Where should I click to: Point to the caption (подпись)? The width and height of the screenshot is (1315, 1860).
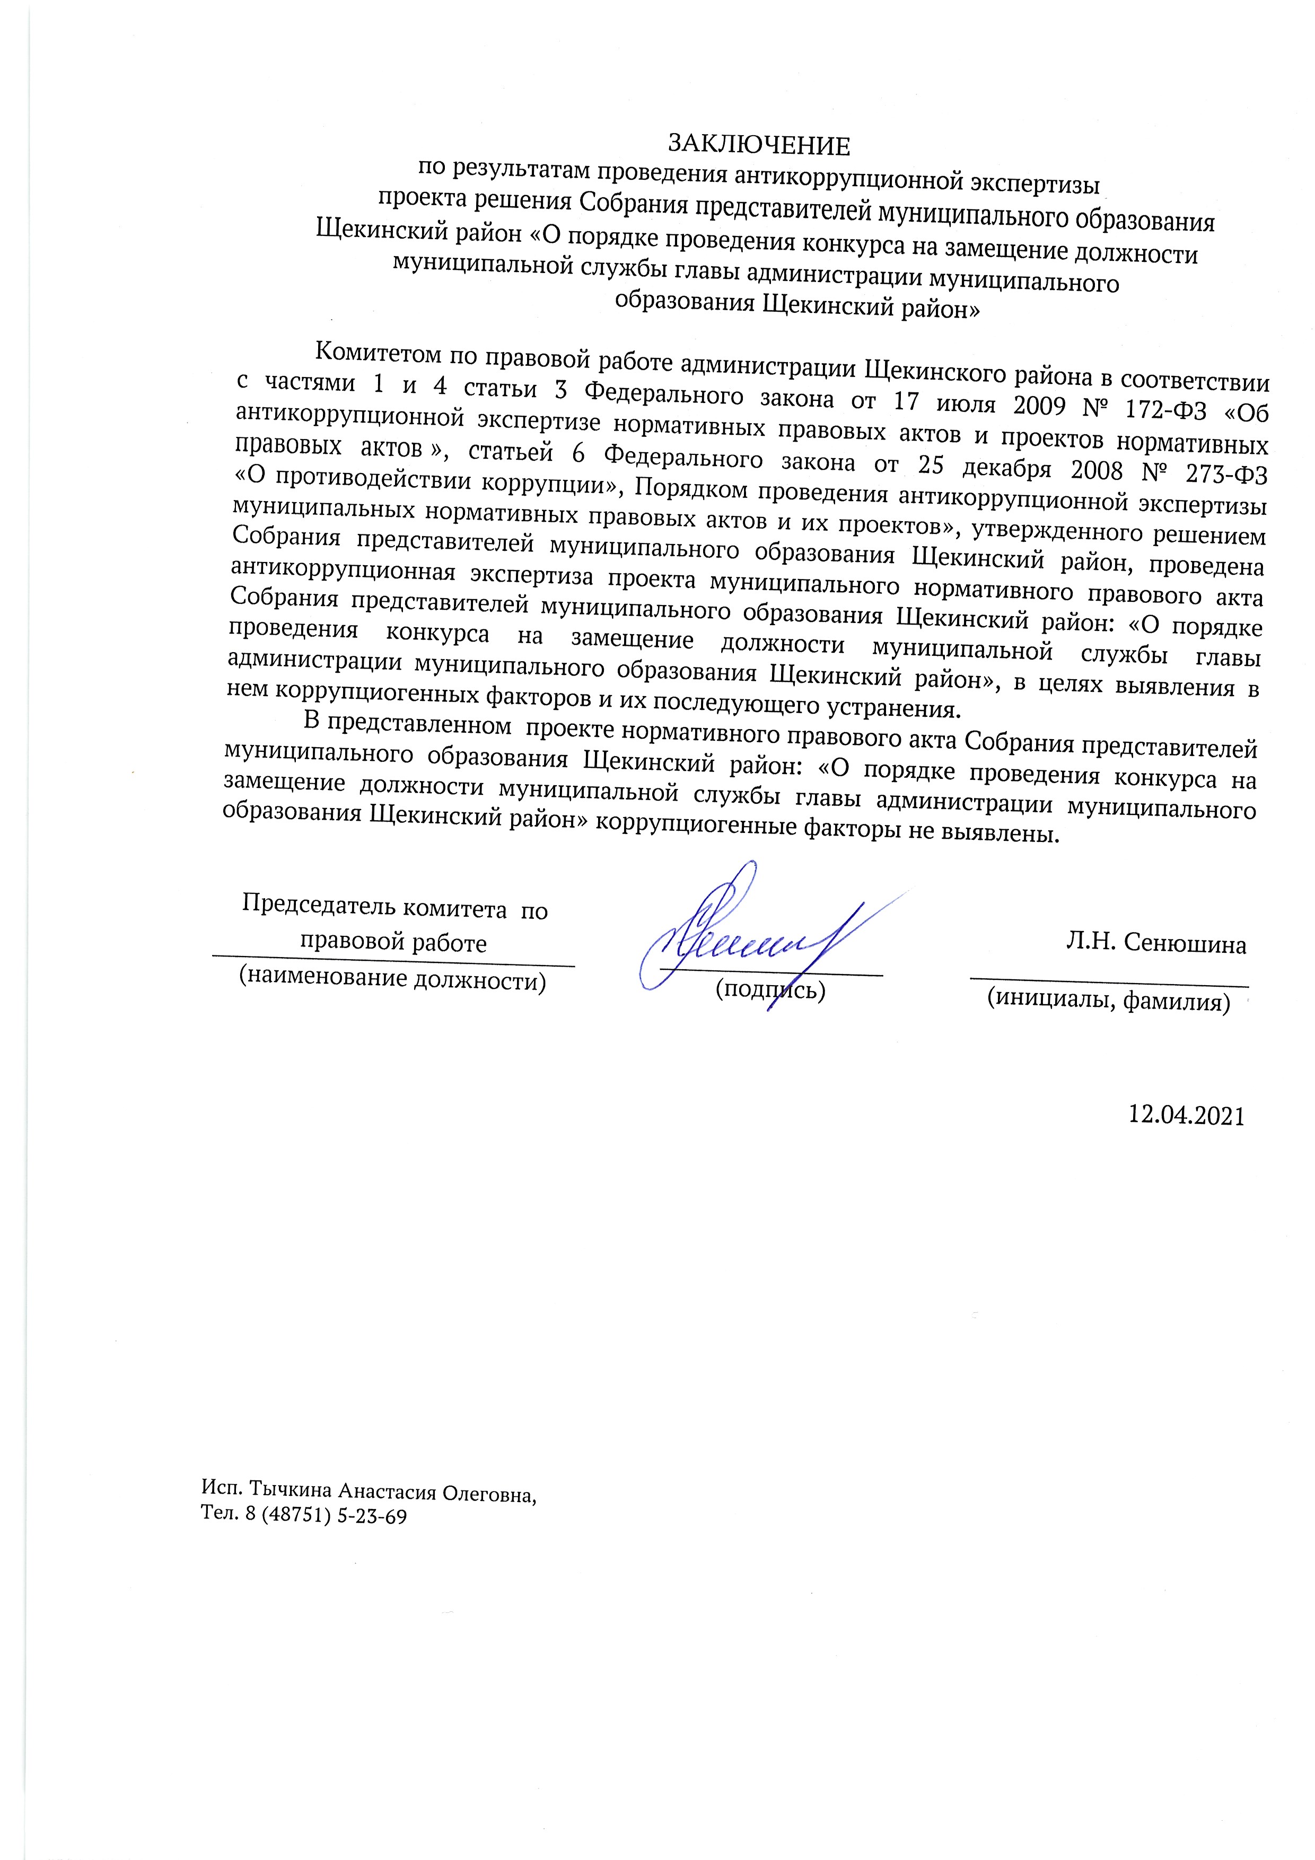[x=770, y=989]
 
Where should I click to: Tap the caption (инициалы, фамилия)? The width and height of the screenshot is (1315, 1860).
[x=1108, y=1001]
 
